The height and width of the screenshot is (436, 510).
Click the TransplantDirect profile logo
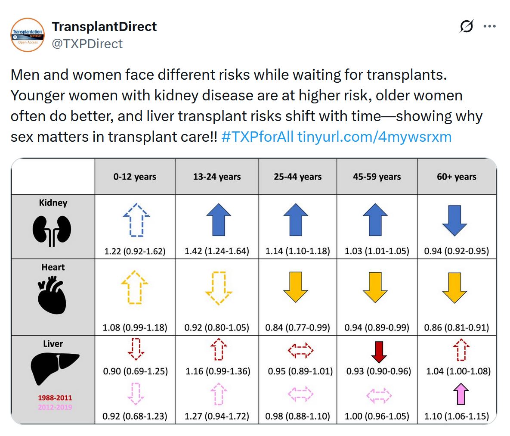[28, 35]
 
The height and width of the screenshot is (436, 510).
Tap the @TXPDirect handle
[87, 44]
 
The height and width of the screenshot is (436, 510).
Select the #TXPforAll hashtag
[257, 137]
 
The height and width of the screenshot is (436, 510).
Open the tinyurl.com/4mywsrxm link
[374, 137]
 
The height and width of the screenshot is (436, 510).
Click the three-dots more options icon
[489, 26]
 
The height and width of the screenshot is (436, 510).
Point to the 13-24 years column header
[217, 177]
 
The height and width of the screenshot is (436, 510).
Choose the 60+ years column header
[457, 177]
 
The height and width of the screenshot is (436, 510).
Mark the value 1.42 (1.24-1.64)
[217, 251]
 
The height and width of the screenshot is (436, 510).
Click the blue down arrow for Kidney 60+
[454, 220]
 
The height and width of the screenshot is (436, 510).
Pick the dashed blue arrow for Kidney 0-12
[136, 220]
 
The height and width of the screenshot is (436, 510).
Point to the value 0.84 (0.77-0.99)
[298, 327]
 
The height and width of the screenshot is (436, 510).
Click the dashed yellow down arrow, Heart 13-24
[219, 288]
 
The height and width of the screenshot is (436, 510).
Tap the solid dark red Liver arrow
[379, 352]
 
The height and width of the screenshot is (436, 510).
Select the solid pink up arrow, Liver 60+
[461, 394]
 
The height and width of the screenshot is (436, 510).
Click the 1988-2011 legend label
[55, 398]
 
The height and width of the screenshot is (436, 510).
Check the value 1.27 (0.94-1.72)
[217, 417]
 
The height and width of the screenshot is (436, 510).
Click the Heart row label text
[53, 267]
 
